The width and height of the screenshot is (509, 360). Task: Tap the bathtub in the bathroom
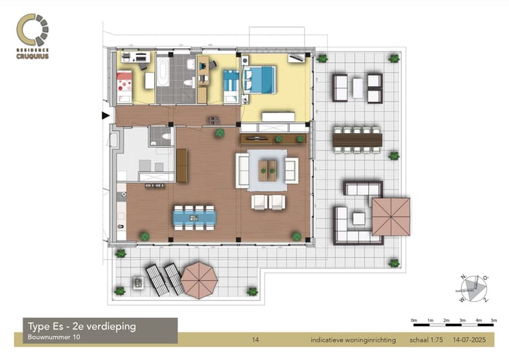click(x=163, y=70)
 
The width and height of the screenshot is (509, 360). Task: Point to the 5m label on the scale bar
click(x=494, y=320)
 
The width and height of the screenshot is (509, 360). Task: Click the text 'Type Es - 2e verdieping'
click(x=81, y=326)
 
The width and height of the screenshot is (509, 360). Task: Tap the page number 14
click(x=255, y=341)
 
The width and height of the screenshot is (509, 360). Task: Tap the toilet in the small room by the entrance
click(x=164, y=137)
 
